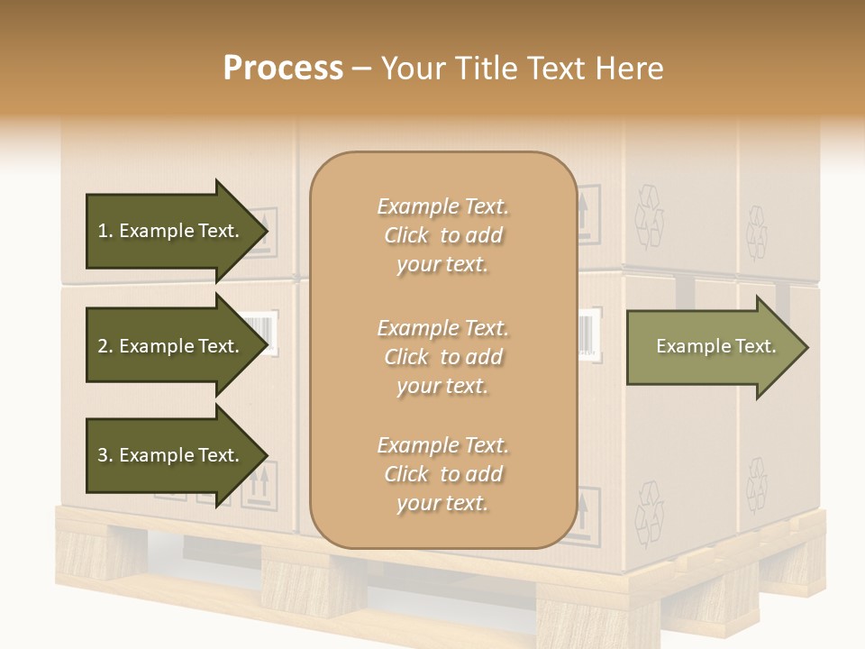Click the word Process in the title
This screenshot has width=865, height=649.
coord(283,69)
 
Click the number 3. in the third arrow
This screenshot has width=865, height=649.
coord(105,455)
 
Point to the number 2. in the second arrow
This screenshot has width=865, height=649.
coord(105,346)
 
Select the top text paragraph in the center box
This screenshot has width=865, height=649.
coord(442,235)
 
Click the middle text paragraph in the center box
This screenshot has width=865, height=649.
coord(442,357)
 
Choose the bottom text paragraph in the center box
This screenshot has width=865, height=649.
coord(442,474)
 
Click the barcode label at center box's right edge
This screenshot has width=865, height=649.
coord(587,334)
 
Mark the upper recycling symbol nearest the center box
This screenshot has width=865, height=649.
coord(649,216)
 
